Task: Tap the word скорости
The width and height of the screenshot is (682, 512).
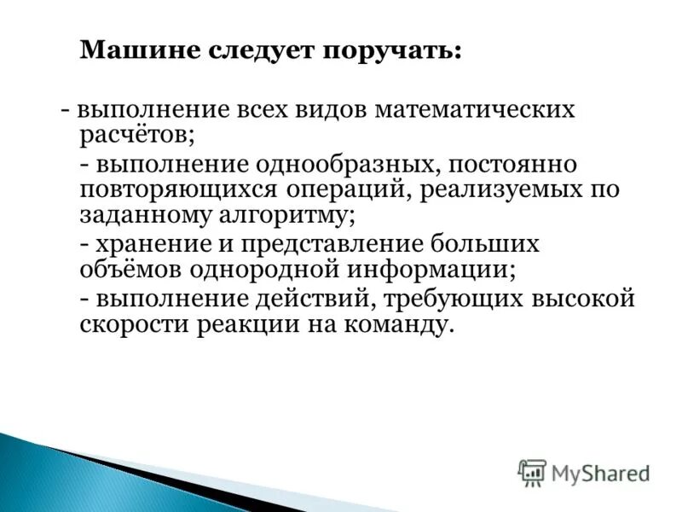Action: [133, 325]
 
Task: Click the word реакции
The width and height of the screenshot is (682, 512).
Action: [246, 325]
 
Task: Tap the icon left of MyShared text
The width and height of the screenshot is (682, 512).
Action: [532, 471]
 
